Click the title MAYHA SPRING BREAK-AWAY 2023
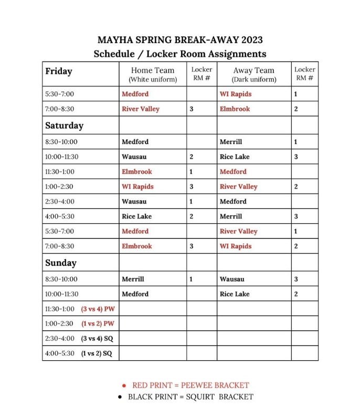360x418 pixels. click(x=180, y=40)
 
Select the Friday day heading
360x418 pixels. click(x=59, y=71)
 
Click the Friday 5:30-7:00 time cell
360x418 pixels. click(x=60, y=94)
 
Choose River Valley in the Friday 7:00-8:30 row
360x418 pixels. click(x=141, y=109)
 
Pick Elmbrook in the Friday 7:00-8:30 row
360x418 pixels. click(x=235, y=109)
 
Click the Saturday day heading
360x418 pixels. click(x=64, y=126)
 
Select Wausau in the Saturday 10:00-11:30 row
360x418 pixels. click(x=134, y=156)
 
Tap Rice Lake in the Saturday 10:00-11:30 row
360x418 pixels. click(x=235, y=156)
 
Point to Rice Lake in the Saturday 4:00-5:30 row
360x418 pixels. click(x=136, y=216)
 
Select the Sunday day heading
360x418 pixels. click(x=61, y=263)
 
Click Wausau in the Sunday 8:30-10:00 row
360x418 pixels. click(x=232, y=279)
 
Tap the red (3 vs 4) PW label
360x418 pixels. click(x=98, y=309)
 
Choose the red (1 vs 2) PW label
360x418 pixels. click(x=98, y=324)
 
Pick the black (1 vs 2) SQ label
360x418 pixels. click(x=97, y=354)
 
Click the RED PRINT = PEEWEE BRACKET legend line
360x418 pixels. click(x=190, y=385)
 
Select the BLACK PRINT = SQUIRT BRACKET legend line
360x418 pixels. click(x=190, y=396)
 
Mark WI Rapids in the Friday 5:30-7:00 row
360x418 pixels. click(x=236, y=94)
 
